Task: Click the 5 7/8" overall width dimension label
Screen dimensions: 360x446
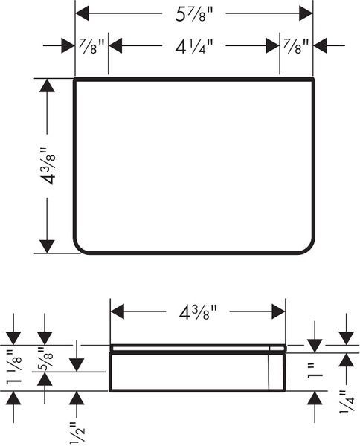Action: [194, 15]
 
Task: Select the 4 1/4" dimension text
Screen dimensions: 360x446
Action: [194, 46]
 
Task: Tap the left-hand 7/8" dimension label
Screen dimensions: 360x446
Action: [91, 46]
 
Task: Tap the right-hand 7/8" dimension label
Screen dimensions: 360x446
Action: [296, 46]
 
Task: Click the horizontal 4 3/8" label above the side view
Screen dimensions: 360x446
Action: [198, 312]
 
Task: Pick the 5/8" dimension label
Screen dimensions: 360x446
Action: [45, 358]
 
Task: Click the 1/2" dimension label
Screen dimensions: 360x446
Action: [77, 433]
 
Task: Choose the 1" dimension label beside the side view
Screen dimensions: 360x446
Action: [315, 371]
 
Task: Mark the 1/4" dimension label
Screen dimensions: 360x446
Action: [347, 401]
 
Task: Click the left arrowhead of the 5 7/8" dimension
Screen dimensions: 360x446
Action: [82, 13]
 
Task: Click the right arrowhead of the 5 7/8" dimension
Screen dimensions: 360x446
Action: [306, 13]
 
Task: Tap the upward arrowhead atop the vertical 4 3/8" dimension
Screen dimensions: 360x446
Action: [47, 85]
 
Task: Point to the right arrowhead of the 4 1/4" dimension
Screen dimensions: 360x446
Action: [273, 45]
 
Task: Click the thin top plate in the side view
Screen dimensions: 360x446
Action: [198, 348]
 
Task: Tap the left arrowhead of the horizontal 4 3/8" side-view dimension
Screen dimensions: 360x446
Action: [118, 311]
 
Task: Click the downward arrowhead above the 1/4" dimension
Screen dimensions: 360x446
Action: [347, 338]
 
